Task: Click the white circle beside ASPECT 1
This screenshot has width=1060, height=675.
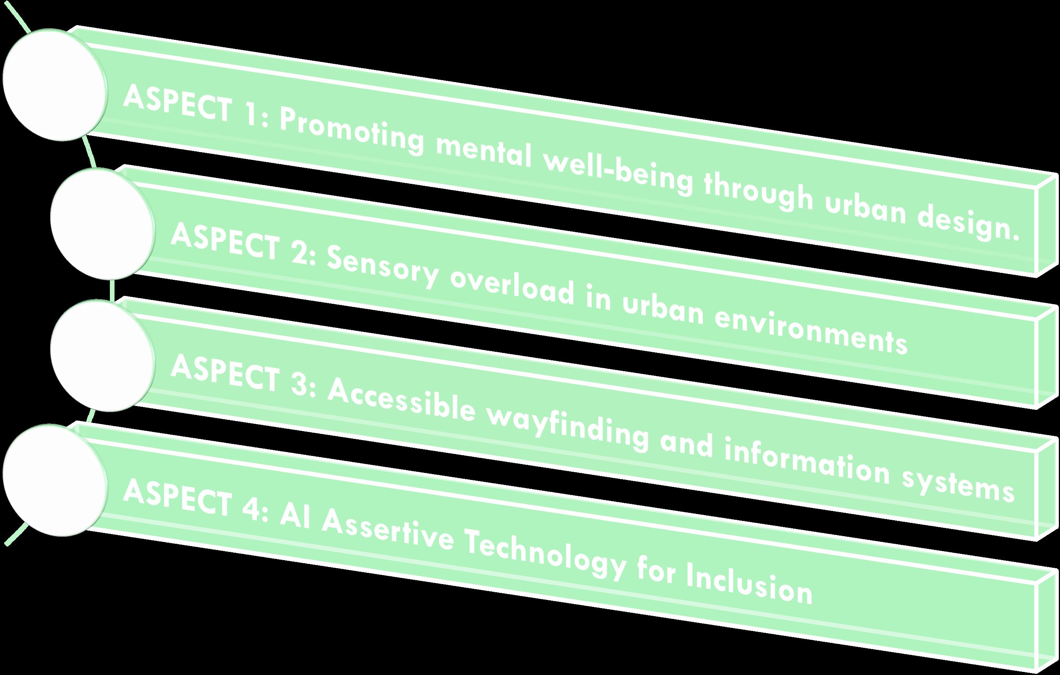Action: coord(55,85)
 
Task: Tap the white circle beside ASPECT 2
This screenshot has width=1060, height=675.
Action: coord(102,223)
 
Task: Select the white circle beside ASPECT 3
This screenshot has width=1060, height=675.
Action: coord(102,356)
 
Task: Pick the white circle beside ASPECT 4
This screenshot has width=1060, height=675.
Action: coord(55,480)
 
